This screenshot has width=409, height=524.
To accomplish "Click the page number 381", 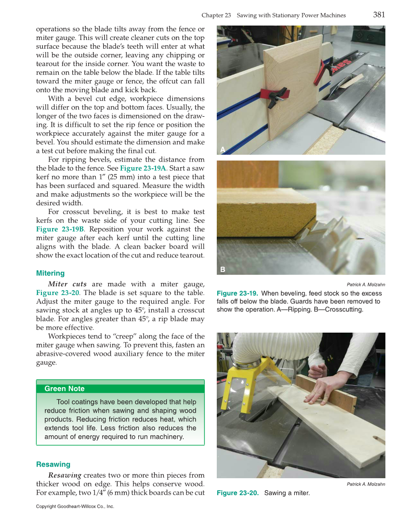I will click(379, 14).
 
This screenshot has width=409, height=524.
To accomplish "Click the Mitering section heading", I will click(50, 273).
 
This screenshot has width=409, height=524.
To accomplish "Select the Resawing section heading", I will click(53, 464).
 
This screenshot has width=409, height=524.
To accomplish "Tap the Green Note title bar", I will click(120, 389).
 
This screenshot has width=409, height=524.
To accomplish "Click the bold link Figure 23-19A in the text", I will click(143, 168).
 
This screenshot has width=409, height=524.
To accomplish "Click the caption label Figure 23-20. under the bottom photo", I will click(237, 493).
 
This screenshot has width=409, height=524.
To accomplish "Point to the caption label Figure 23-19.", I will click(237, 293).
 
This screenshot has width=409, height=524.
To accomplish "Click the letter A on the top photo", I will click(223, 149).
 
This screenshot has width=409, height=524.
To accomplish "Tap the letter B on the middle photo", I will click(223, 269).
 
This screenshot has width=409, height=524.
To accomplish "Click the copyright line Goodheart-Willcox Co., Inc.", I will click(75, 507).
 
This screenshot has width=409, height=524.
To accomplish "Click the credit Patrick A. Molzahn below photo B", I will click(366, 284).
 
